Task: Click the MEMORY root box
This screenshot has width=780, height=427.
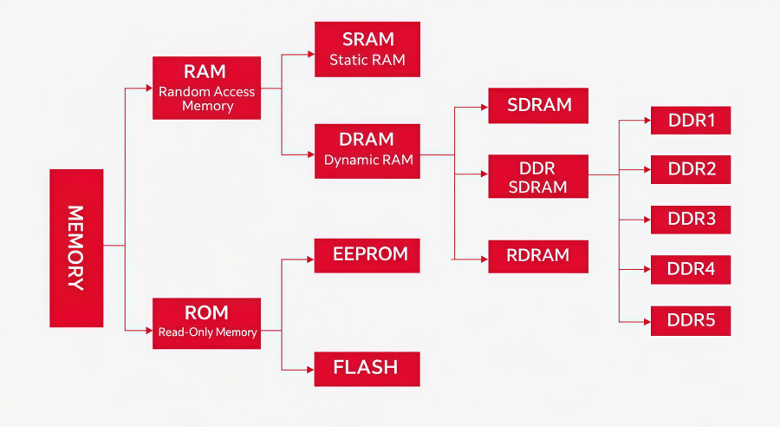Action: click(76, 247)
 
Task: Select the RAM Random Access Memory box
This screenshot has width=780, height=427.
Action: click(206, 88)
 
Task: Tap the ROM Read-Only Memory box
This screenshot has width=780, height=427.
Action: click(206, 323)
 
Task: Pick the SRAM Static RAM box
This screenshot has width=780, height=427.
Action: click(367, 49)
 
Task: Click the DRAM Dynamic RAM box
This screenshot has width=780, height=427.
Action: click(367, 149)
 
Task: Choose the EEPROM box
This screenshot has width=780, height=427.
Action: click(367, 255)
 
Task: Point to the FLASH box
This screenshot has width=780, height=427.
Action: click(367, 368)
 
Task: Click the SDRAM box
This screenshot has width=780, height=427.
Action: click(538, 105)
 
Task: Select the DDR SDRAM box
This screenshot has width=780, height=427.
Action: click(538, 176)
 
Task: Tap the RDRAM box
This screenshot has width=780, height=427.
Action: click(538, 256)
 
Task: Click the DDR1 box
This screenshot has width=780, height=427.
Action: click(691, 120)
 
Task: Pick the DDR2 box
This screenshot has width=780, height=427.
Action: click(691, 169)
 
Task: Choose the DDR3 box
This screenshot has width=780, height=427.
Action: click(691, 220)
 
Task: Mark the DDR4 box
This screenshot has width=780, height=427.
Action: click(691, 270)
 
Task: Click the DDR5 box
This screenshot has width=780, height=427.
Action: click(691, 320)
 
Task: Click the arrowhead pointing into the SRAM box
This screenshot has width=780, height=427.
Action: click(310, 54)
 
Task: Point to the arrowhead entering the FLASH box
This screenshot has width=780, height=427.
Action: click(310, 371)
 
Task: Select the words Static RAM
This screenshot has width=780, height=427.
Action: click(367, 61)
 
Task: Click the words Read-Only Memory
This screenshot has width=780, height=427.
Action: click(207, 332)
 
